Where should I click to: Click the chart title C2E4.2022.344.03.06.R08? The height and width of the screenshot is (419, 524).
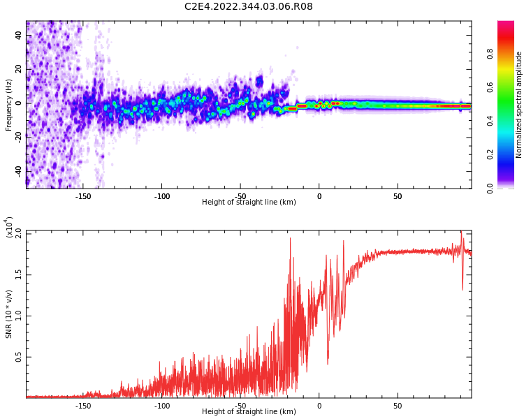coord(248,7)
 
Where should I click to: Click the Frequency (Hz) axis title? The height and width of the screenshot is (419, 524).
coord(9,105)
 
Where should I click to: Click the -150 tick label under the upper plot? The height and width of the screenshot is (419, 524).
coord(82,196)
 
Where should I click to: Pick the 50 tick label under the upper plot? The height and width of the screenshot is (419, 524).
coord(397,196)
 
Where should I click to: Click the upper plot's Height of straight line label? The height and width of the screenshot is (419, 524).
coord(249,203)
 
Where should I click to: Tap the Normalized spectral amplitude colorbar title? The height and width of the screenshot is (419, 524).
coord(519,105)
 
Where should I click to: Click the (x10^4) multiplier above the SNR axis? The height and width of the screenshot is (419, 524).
coord(10,228)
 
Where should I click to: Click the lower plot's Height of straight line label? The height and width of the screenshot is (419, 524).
coord(249,412)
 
